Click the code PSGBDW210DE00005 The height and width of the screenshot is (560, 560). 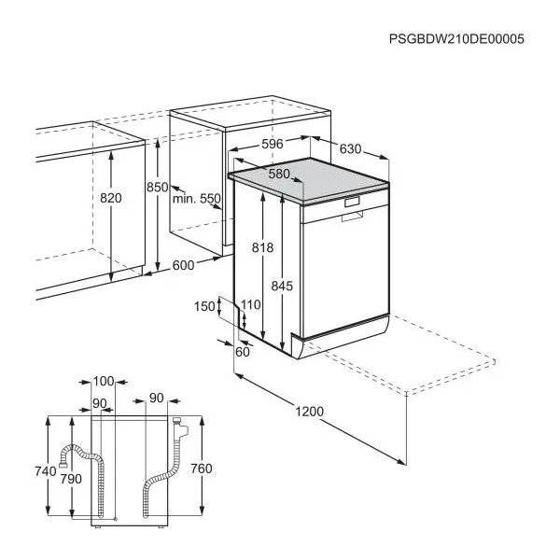pyautogui.click(x=456, y=38)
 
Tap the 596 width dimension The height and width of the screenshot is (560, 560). pyautogui.click(x=273, y=144)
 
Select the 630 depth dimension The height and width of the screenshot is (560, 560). pyautogui.click(x=350, y=148)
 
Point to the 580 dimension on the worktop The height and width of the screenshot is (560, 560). pyautogui.click(x=279, y=174)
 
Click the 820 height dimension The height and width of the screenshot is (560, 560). pyautogui.click(x=111, y=198)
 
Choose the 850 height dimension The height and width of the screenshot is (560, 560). pyautogui.click(x=157, y=187)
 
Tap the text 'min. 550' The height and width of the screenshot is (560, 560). pyautogui.click(x=197, y=199)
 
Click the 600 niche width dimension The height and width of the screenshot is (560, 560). pyautogui.click(x=183, y=265)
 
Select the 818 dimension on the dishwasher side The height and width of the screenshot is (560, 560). pyautogui.click(x=262, y=247)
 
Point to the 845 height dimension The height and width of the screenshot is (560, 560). pyautogui.click(x=282, y=286)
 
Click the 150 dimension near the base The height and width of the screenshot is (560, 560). pyautogui.click(x=204, y=306)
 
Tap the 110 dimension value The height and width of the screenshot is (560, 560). pyautogui.click(x=250, y=305)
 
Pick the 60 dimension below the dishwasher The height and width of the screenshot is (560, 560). pyautogui.click(x=243, y=352)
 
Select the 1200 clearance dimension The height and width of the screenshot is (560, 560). pyautogui.click(x=309, y=412)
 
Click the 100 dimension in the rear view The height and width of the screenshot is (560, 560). pyautogui.click(x=104, y=382)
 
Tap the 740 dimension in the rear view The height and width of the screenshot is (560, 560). pyautogui.click(x=46, y=471)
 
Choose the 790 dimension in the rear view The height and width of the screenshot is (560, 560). pyautogui.click(x=71, y=479)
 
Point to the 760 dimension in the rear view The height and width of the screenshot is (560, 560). pyautogui.click(x=202, y=469)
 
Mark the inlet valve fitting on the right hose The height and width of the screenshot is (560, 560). pyautogui.click(x=179, y=427)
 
